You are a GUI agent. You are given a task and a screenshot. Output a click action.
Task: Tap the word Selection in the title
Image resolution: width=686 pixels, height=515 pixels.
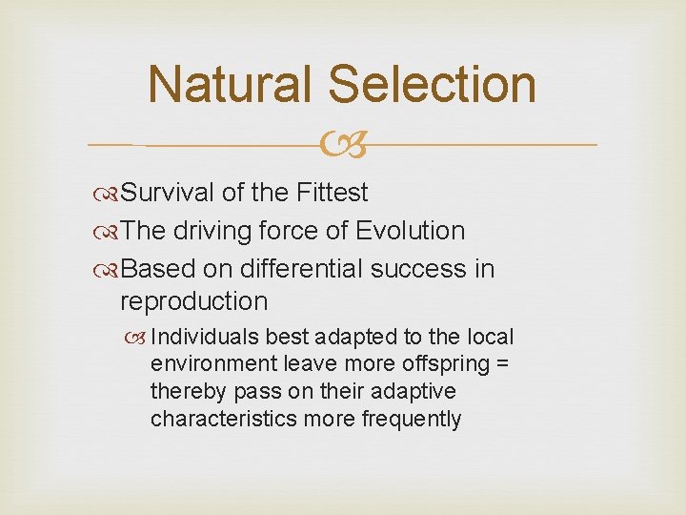(432, 84)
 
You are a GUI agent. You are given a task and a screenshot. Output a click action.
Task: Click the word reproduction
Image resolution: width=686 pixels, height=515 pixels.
(193, 301)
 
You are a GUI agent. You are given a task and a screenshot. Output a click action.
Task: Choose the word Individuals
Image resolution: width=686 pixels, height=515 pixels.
(205, 337)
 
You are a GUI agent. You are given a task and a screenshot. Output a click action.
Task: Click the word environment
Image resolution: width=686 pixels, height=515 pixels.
(214, 364)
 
